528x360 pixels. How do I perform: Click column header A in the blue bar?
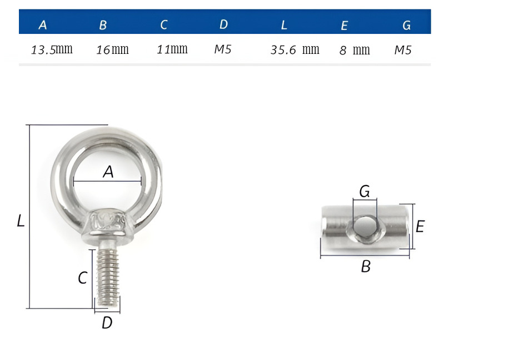pyautogui.click(x=42, y=25)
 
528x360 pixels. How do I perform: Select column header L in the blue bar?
pyautogui.click(x=284, y=25)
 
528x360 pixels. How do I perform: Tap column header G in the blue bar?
pyautogui.click(x=406, y=25)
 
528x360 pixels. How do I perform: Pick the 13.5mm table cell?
pyautogui.click(x=52, y=49)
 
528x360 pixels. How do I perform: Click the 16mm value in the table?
pyautogui.click(x=112, y=50)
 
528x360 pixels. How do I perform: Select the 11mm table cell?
pyautogui.click(x=172, y=49)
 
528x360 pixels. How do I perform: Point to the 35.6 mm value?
pyautogui.click(x=295, y=50)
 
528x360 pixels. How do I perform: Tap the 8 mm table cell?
pyautogui.click(x=355, y=50)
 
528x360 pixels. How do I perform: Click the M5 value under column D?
pyautogui.click(x=223, y=49)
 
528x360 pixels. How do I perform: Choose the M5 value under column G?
pyautogui.click(x=403, y=50)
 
